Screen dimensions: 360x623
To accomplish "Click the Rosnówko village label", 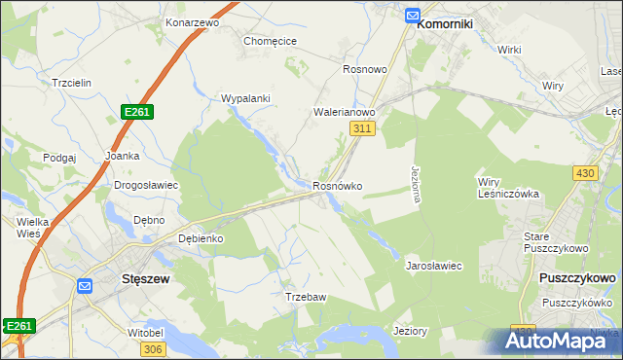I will (x=338, y=186).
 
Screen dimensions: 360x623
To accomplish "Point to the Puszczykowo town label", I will (x=576, y=278).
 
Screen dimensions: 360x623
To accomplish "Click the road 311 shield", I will (x=362, y=128).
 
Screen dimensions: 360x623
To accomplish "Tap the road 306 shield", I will (x=151, y=349).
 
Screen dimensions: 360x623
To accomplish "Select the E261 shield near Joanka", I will (x=136, y=113).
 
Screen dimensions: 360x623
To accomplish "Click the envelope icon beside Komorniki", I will (x=412, y=16).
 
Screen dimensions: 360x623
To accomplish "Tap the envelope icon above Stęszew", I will (x=85, y=286).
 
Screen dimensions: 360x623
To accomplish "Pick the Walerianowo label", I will (x=344, y=113).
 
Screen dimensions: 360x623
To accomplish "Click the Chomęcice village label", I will (x=270, y=41).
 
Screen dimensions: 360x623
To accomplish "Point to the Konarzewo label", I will (x=191, y=21).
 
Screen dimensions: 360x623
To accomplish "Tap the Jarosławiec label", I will (x=433, y=265).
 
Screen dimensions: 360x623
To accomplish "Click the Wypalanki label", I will (x=245, y=98).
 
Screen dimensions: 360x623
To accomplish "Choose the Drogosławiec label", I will (x=146, y=185).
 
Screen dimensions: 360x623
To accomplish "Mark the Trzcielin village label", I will (x=71, y=83).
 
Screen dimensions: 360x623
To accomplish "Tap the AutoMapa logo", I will (x=562, y=340).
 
